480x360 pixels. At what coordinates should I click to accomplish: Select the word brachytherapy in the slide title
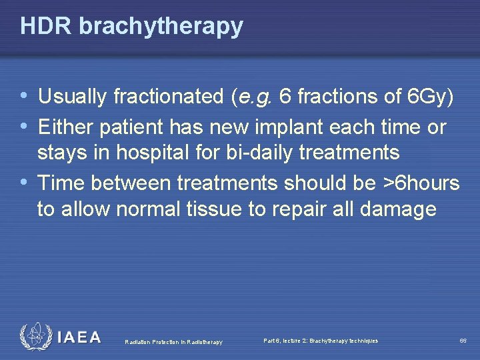coord(161,27)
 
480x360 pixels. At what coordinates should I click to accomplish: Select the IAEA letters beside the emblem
coord(79,337)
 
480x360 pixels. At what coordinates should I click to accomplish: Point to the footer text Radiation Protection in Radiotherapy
coord(173,342)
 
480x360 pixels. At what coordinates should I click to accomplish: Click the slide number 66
coord(463,341)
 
